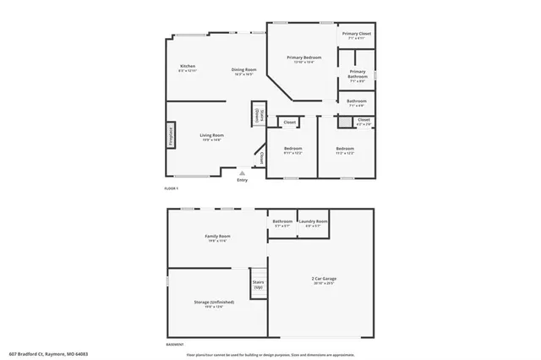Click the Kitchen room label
click(x=188, y=67)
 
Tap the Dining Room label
click(x=244, y=70)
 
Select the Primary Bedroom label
click(x=303, y=58)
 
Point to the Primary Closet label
click(x=357, y=35)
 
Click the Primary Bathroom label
click(x=357, y=76)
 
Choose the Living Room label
click(x=211, y=137)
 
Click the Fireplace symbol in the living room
click(x=170, y=137)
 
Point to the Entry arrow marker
click(x=243, y=172)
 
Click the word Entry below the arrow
click(x=243, y=179)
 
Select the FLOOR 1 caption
click(x=171, y=188)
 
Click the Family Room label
click(x=217, y=237)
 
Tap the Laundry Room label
click(x=314, y=223)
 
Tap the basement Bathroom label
click(x=282, y=223)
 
